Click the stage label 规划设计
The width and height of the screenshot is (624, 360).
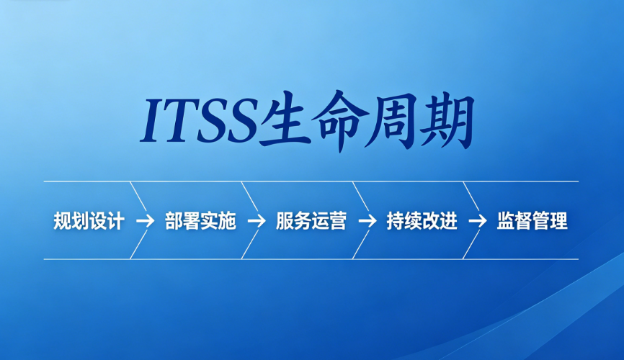[89, 221]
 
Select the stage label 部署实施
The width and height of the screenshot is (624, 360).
[200, 221]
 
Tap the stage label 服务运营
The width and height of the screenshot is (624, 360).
[311, 221]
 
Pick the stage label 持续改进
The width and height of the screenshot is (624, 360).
[422, 221]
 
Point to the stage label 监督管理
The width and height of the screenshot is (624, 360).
[532, 221]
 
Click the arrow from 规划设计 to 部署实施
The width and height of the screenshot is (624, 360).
[145, 221]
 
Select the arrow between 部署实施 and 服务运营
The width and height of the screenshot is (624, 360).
[257, 221]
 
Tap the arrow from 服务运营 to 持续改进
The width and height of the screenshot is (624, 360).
[367, 221]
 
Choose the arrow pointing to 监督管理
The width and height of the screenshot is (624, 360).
[478, 221]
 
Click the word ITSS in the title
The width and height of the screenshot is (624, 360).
[199, 120]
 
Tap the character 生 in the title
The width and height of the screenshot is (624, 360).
[285, 120]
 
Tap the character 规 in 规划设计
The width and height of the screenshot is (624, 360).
[62, 221]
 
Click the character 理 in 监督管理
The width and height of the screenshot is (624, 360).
[558, 221]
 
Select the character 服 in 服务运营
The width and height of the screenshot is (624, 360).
[284, 221]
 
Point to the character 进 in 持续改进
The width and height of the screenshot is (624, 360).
[448, 221]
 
